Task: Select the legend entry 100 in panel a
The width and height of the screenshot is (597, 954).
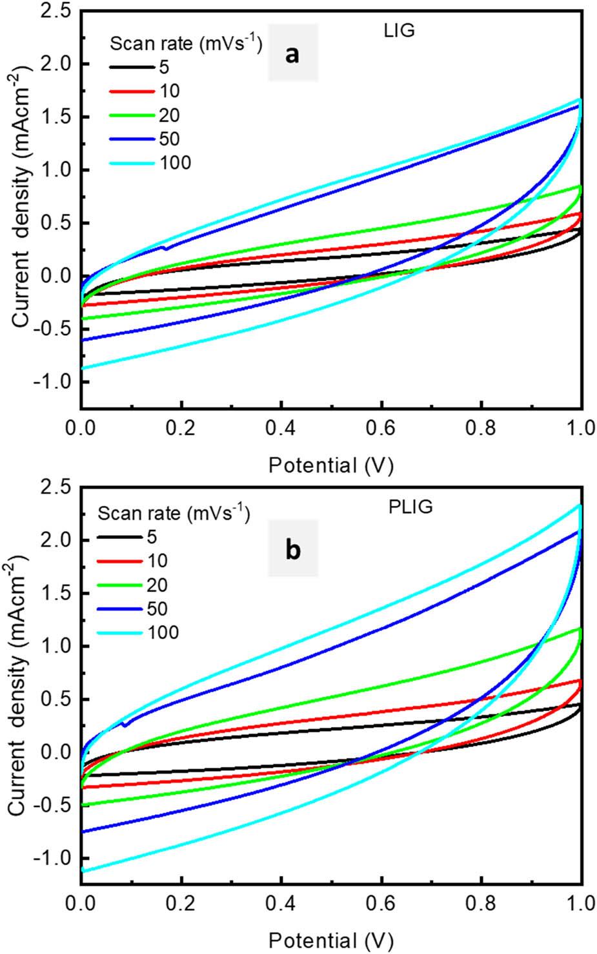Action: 176,162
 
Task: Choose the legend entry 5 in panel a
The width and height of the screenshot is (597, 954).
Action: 163,67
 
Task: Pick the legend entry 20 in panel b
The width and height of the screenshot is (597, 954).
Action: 157,585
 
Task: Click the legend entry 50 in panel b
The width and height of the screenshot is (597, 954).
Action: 157,608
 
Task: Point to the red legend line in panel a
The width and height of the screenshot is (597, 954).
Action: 130,92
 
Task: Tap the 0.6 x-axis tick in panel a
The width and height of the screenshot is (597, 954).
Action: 381,429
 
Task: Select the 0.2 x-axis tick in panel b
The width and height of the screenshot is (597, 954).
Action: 181,904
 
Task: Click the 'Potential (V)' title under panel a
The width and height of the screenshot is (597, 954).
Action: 330,464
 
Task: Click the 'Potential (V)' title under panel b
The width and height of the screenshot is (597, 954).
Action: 330,939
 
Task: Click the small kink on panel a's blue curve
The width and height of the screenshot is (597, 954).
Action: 165,248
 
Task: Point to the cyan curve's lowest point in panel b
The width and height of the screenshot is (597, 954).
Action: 83,871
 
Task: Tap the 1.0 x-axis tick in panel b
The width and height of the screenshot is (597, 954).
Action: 581,904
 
